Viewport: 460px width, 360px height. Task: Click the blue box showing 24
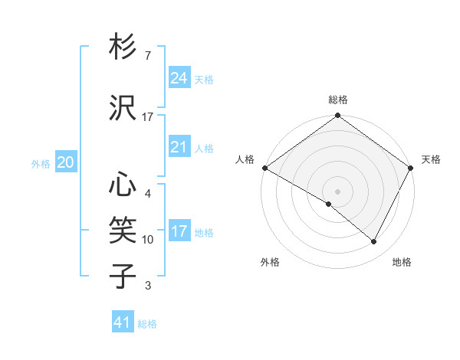[x=179, y=78]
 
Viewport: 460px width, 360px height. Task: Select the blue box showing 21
[x=179, y=147]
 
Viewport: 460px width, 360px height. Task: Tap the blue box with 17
[x=179, y=231]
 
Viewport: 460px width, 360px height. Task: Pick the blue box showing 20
[x=66, y=162]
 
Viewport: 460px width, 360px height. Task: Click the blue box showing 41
[x=123, y=322]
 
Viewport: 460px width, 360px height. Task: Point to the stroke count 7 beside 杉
[x=147, y=56]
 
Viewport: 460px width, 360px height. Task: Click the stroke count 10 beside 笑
[x=147, y=240]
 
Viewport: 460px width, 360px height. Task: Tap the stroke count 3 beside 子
[x=147, y=286]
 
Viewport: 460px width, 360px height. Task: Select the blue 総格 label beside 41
[x=147, y=324]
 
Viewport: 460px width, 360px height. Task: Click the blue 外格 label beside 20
[x=41, y=163]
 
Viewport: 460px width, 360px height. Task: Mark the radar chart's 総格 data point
[x=337, y=116]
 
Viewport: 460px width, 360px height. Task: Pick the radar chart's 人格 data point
[x=264, y=168]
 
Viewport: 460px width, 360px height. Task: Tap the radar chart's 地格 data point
[x=374, y=241]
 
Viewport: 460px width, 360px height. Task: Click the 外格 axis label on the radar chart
[x=270, y=262]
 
